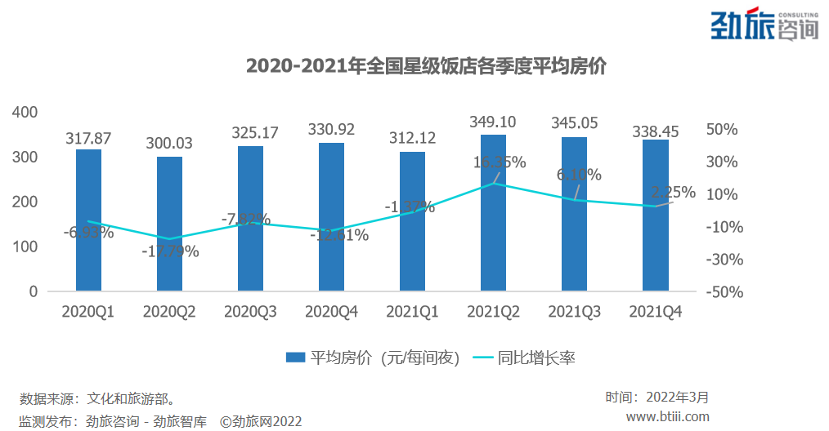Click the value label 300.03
169,143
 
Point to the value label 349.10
493,122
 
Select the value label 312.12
412,138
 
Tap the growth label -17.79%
170,251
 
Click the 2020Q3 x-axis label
250,312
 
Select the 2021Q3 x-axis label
574,312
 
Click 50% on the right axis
722,130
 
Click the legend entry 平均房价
372,358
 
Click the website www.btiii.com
667,416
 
